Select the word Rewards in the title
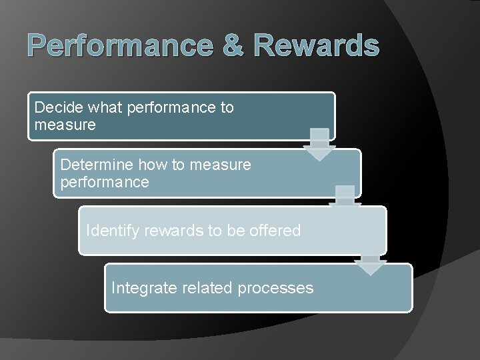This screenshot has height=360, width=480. pyautogui.click(x=317, y=46)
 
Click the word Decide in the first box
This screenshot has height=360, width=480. pyautogui.click(x=56, y=107)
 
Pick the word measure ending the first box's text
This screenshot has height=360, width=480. pyautogui.click(x=65, y=125)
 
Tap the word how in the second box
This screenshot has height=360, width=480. pyautogui.click(x=153, y=165)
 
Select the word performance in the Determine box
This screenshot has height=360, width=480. pyautogui.click(x=105, y=182)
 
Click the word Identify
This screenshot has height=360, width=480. pyautogui.click(x=112, y=231)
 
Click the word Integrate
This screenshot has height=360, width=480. pyautogui.click(x=141, y=288)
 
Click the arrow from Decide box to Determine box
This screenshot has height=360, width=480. pyautogui.click(x=320, y=144)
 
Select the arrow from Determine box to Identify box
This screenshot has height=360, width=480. pyautogui.click(x=345, y=199)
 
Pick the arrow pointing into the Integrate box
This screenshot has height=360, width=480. pyautogui.click(x=371, y=264)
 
